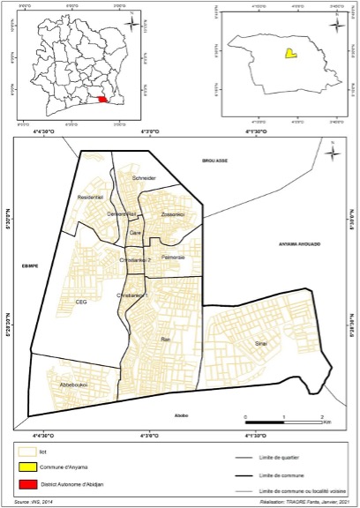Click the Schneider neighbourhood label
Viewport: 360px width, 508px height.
[144, 178]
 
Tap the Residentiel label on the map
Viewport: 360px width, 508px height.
[92, 197]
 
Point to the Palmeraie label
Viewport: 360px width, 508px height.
[173, 257]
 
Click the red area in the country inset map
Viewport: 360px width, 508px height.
[104, 99]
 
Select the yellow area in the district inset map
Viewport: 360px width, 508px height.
[289, 54]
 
